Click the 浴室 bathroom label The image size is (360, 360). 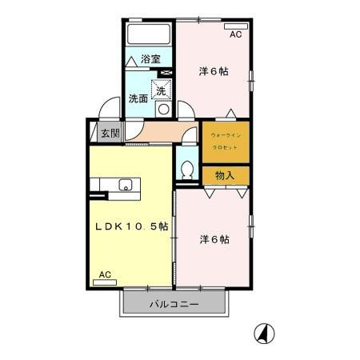click(x=150, y=58)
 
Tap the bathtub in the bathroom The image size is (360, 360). click(x=148, y=34)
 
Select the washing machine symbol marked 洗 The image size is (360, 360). click(x=162, y=90)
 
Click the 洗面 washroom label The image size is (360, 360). click(x=138, y=99)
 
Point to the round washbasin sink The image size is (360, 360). click(x=164, y=109)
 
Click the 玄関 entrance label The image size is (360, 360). click(x=110, y=134)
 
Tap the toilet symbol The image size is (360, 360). click(x=186, y=169)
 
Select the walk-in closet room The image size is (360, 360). click(x=224, y=140)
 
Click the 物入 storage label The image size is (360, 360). click(x=225, y=174)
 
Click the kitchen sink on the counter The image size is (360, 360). click(x=126, y=186)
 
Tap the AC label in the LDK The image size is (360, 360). click(x=105, y=274)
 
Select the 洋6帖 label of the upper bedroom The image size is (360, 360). click(x=214, y=71)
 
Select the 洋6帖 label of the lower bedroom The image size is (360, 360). click(x=214, y=239)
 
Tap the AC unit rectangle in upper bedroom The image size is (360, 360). click(x=235, y=26)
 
